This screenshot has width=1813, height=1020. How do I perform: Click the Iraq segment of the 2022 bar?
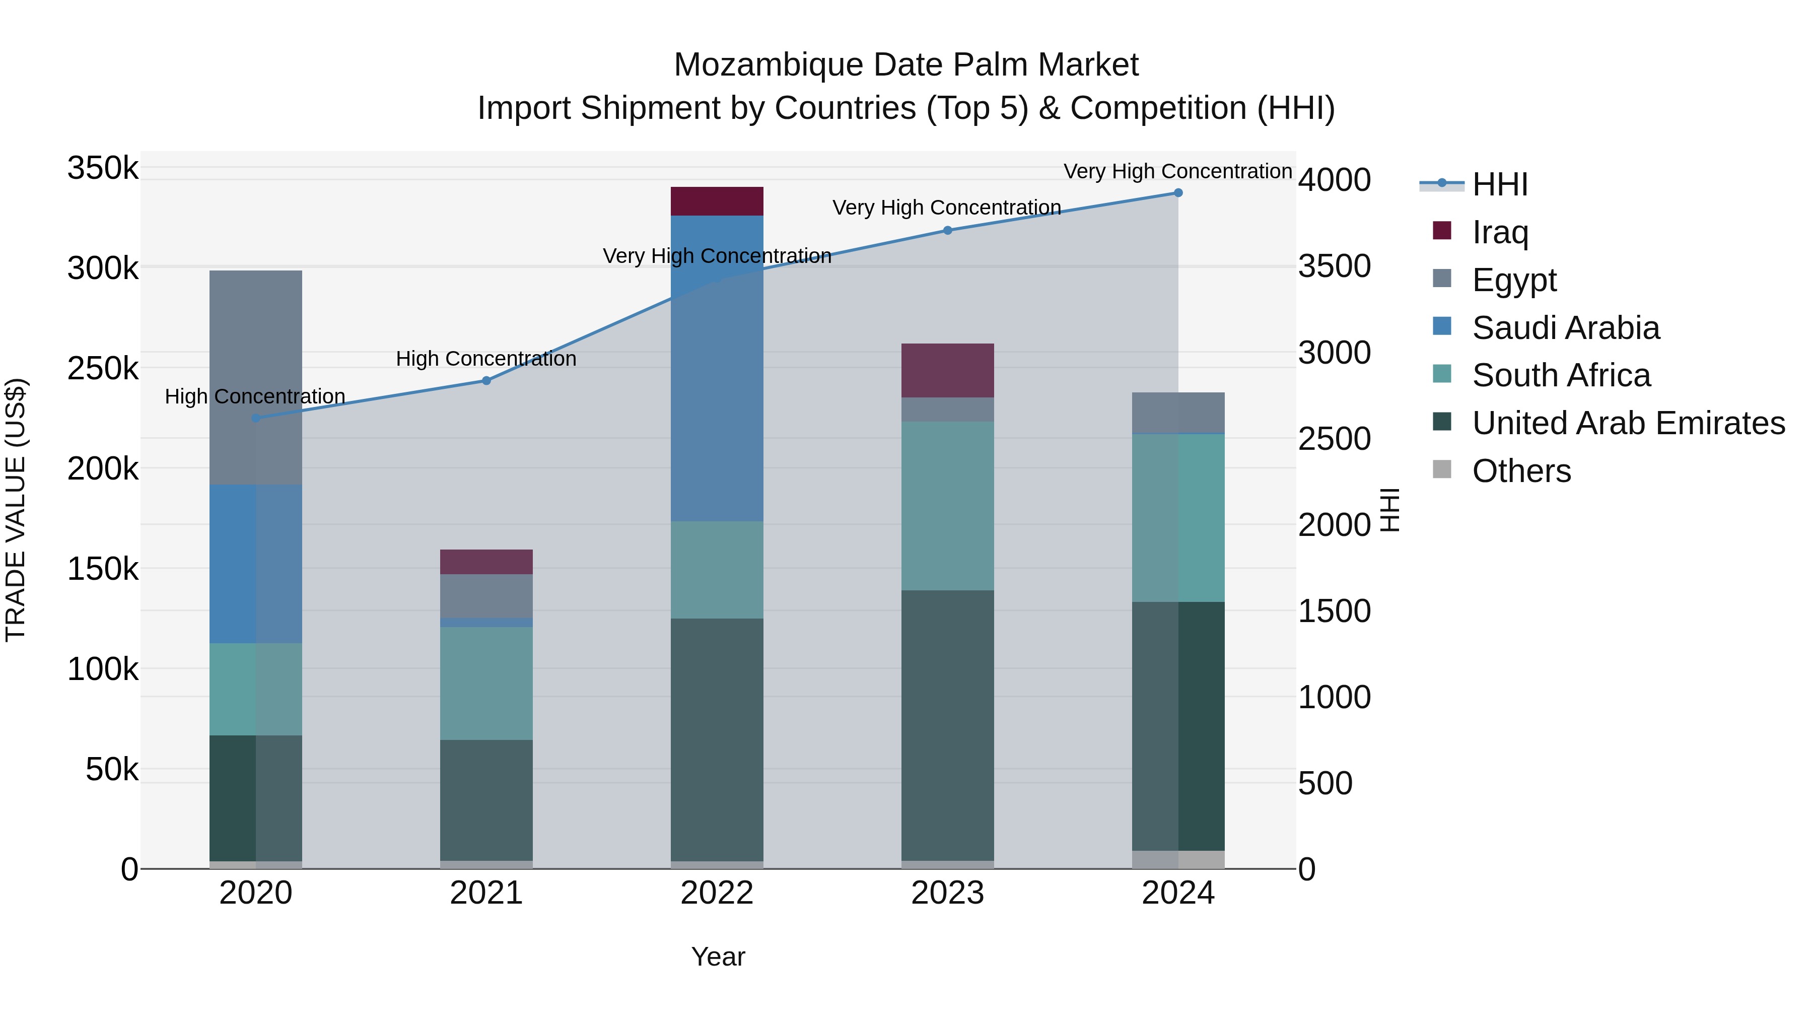coord(717,201)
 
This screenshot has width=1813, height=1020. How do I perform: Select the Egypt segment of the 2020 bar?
coord(255,377)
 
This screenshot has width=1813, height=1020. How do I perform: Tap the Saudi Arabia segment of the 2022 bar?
coord(717,368)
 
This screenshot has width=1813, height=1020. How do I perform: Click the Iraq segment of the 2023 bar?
coord(947,370)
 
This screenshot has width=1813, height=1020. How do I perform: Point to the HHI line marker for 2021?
coord(486,381)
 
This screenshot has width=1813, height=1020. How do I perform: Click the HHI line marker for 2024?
coord(1178,193)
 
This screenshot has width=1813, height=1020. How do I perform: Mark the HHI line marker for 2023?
coord(947,230)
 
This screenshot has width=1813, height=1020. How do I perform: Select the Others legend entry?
coord(1520,471)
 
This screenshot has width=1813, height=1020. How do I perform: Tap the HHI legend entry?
coord(1499,184)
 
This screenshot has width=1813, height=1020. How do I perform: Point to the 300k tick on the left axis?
coord(103,268)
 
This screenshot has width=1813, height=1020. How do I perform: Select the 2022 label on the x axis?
coord(717,893)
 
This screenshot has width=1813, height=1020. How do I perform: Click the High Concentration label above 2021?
coord(486,359)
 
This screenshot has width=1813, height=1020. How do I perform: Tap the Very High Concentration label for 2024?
coord(1177,171)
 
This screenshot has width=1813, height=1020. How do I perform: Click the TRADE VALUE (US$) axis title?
coord(16,510)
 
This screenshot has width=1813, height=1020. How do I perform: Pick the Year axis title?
coord(718,957)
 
